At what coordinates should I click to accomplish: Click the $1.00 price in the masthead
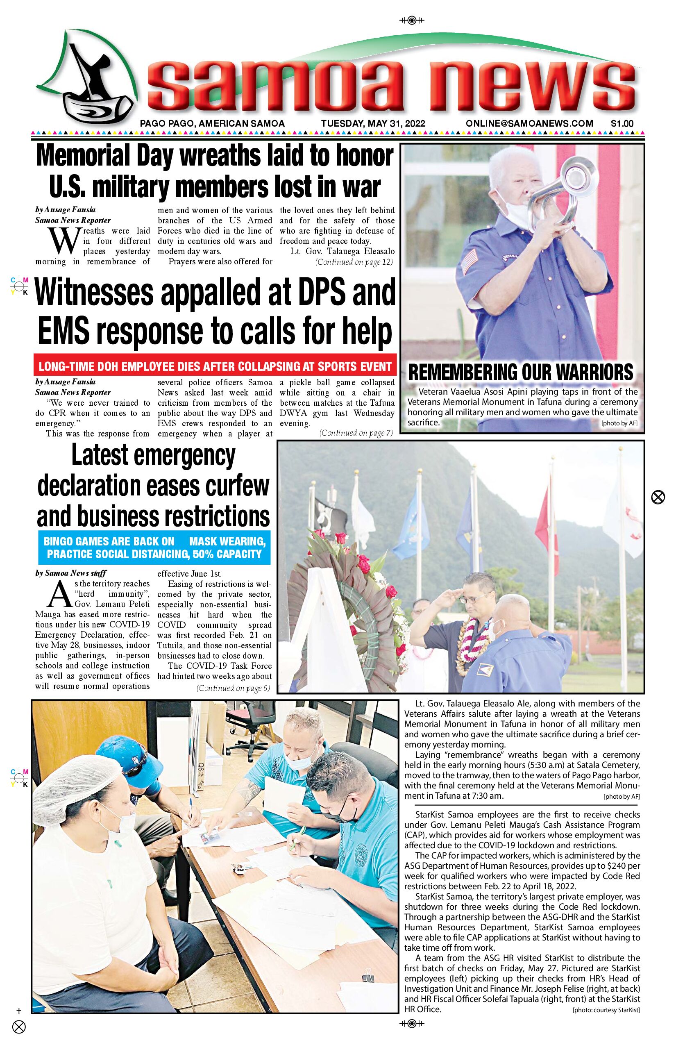622,124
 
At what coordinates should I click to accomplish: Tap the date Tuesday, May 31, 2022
373,124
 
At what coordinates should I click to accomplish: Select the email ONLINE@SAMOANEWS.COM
529,124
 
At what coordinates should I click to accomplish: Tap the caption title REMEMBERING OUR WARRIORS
521,373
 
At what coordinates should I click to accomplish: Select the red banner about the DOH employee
215,366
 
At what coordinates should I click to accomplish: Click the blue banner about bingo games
154,547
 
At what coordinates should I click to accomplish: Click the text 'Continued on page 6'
233,688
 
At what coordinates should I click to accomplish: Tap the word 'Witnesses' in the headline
94,293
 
